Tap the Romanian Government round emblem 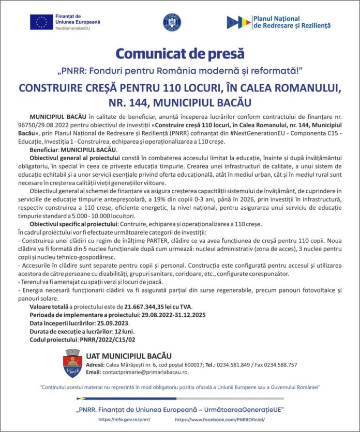(172, 22)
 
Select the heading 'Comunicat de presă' (180, 53)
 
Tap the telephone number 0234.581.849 (235, 364)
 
